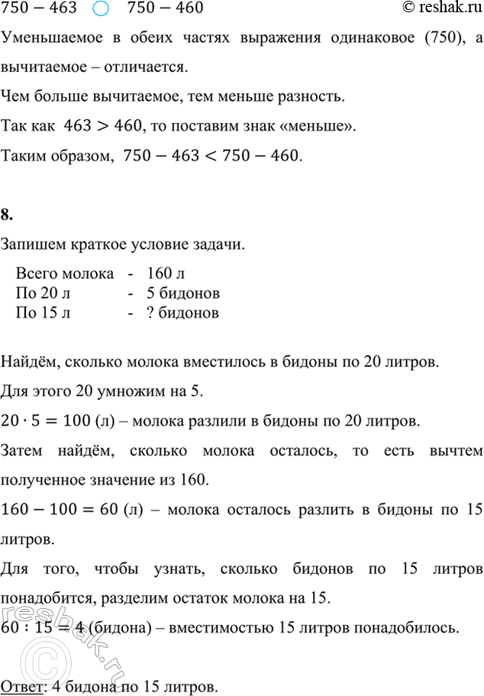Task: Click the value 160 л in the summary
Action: point(166,274)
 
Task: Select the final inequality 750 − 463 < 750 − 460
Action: point(211,157)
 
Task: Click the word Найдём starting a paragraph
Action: point(27,361)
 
